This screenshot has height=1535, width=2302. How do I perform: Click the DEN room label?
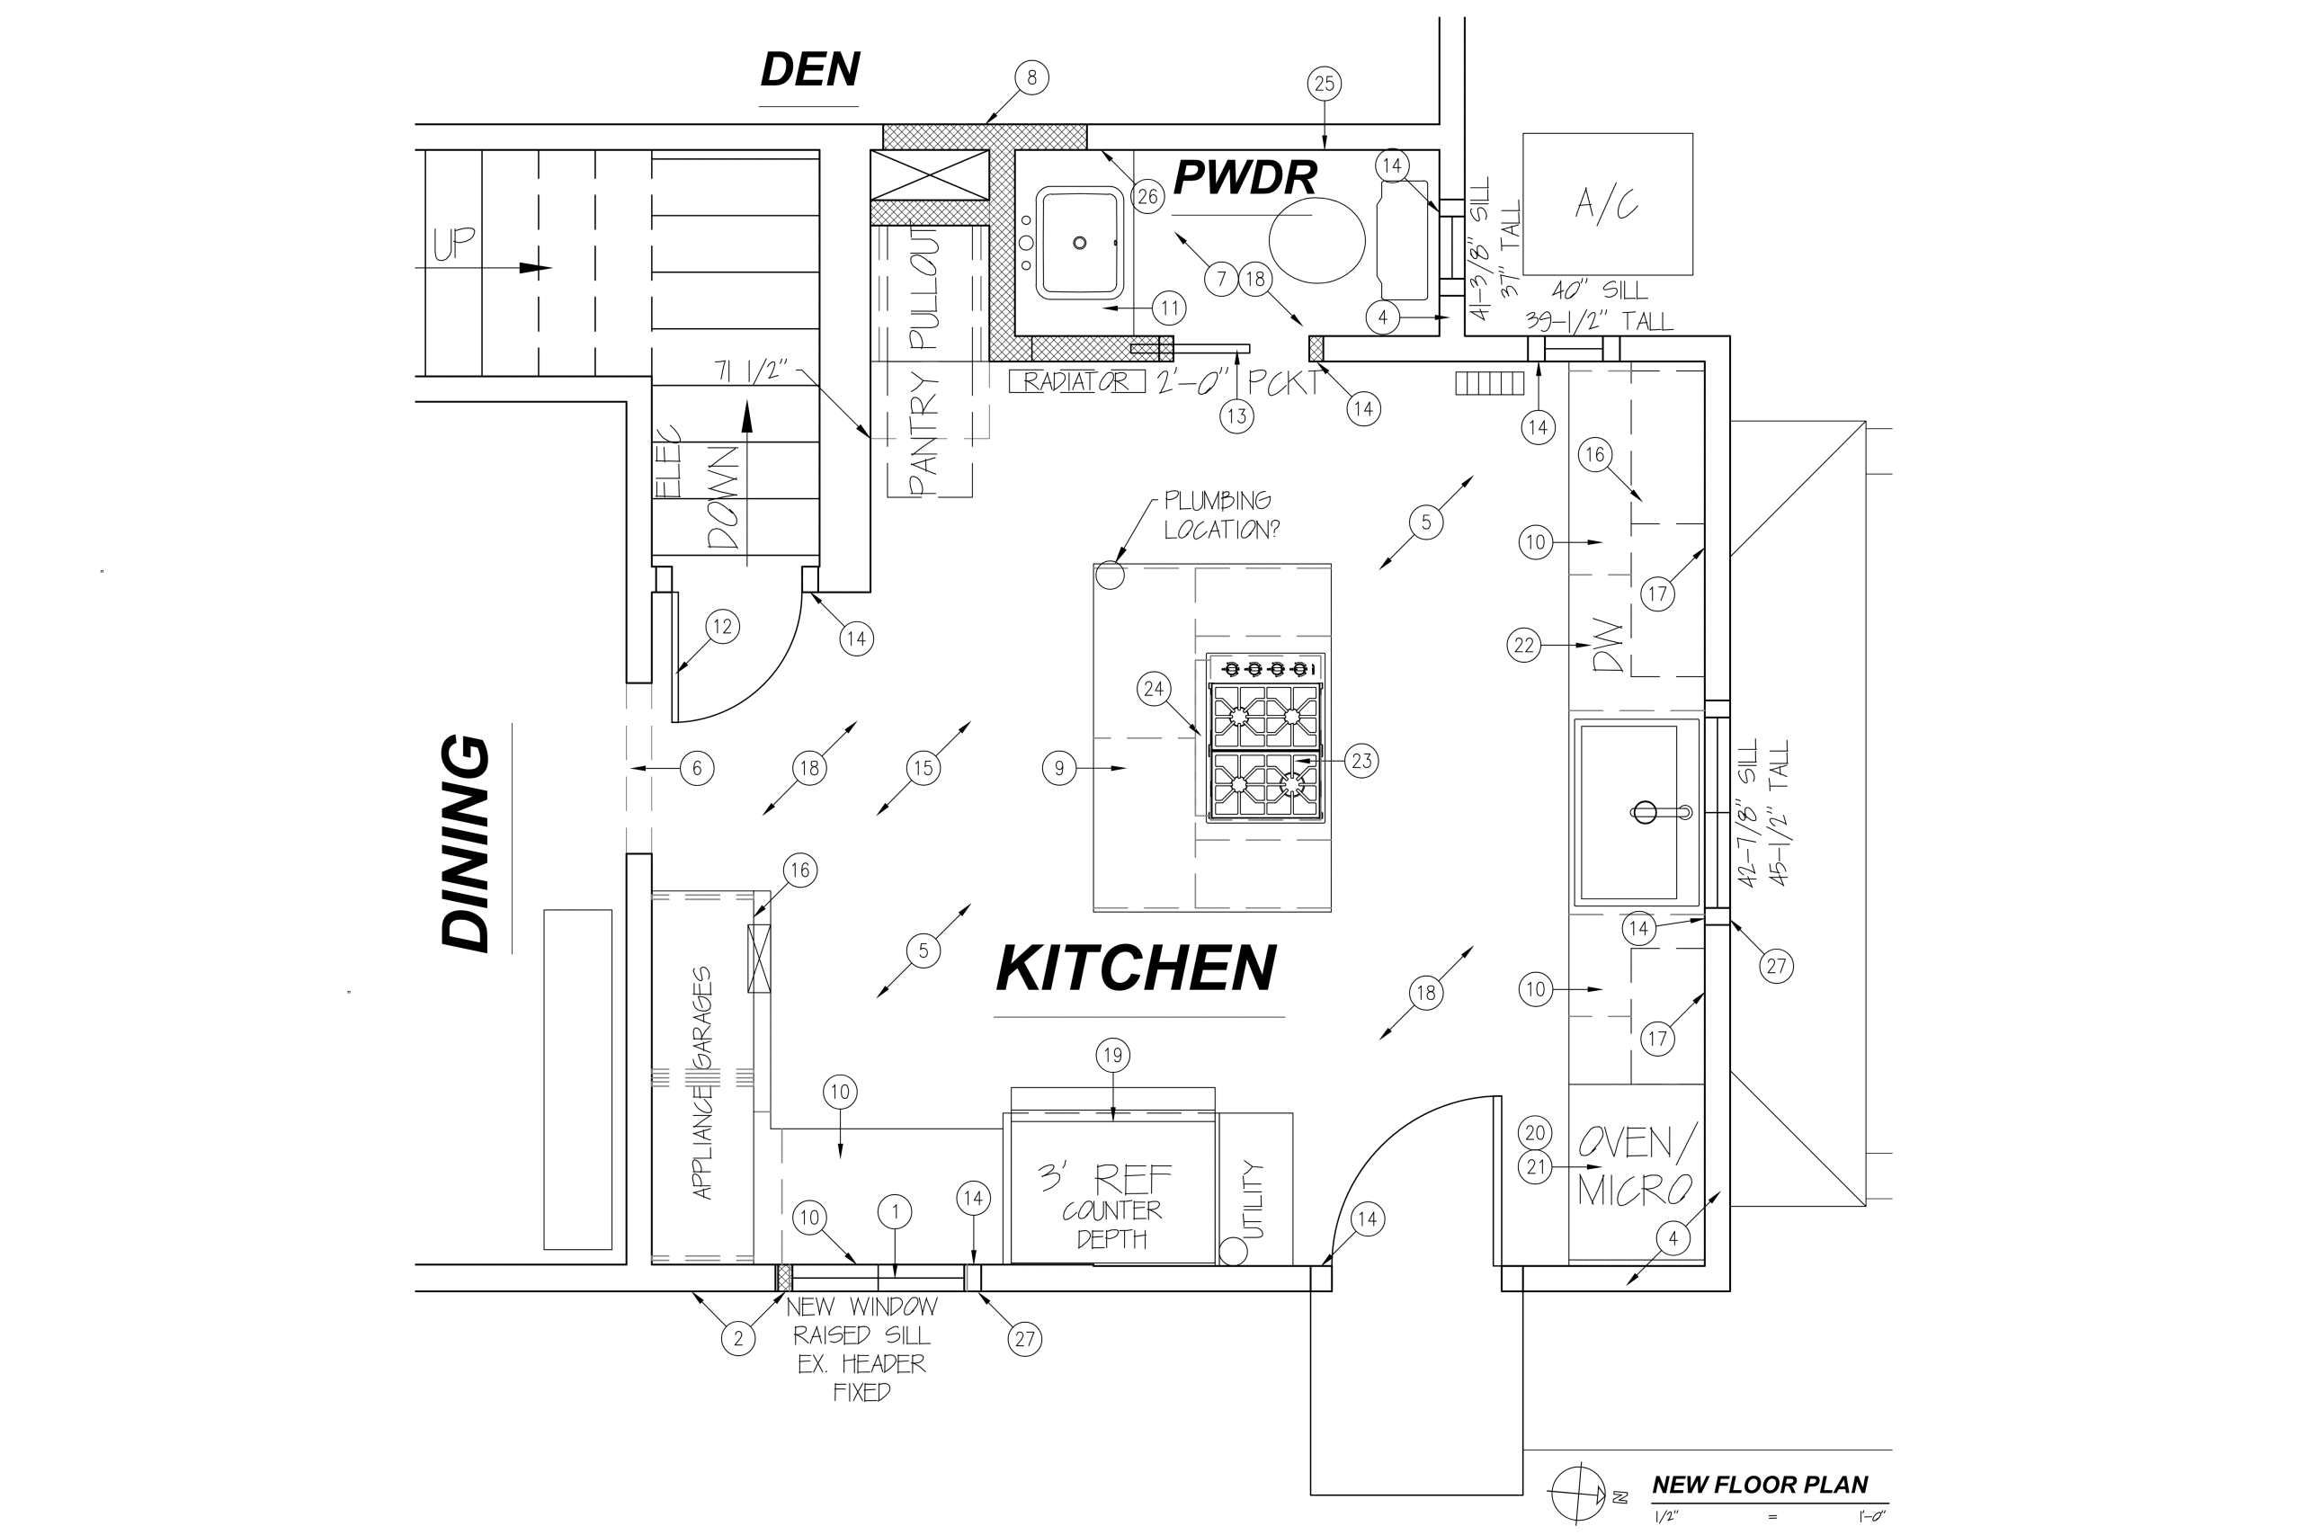pyautogui.click(x=809, y=70)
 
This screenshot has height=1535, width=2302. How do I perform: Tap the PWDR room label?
pyautogui.click(x=1244, y=178)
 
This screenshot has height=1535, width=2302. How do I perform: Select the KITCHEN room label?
pyautogui.click(x=1136, y=969)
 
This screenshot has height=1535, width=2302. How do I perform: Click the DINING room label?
pyautogui.click(x=466, y=843)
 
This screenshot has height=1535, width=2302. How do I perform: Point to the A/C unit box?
pyautogui.click(x=1607, y=203)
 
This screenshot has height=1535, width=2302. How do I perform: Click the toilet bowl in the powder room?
pyautogui.click(x=1316, y=240)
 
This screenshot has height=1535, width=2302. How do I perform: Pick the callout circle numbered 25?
pyautogui.click(x=1325, y=85)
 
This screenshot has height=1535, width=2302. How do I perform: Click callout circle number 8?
pyautogui.click(x=1031, y=77)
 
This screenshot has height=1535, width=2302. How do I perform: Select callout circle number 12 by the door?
pyautogui.click(x=722, y=627)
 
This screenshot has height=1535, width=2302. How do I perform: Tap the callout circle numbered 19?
pyautogui.click(x=1113, y=1056)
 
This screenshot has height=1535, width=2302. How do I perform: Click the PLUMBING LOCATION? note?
pyautogui.click(x=1219, y=515)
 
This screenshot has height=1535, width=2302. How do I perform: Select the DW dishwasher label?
pyautogui.click(x=1609, y=647)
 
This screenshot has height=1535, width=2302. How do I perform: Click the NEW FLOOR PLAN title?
pyautogui.click(x=1759, y=1485)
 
